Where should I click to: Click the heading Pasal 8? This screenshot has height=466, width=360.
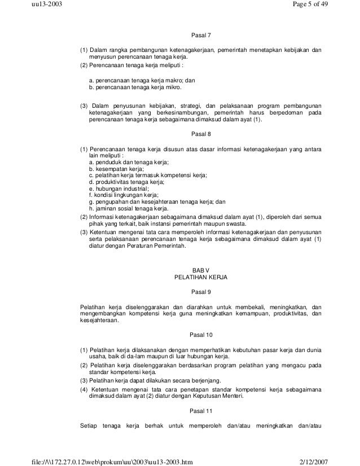pos(201,134)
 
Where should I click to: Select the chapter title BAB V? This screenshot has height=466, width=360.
pos(201,271)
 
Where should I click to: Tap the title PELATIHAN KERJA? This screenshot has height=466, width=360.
pos(201,278)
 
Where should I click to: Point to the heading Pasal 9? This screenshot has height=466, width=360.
pos(201,292)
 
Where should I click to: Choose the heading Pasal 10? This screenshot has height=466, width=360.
pos(201,335)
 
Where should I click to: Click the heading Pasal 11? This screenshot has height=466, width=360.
pos(201,410)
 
